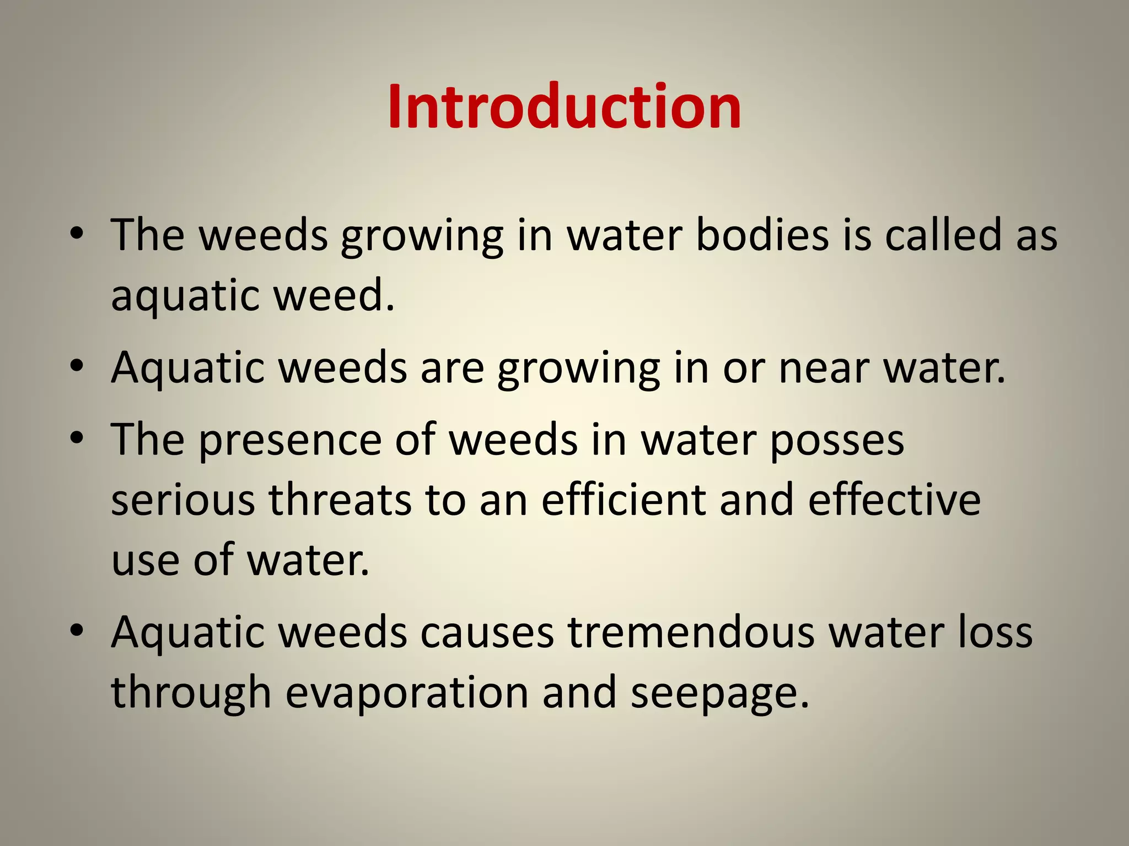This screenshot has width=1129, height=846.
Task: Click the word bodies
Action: [x=762, y=235]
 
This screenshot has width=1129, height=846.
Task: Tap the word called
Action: [x=943, y=235]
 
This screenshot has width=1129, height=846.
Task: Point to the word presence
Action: [x=290, y=441]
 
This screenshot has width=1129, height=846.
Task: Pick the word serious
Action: [x=183, y=500]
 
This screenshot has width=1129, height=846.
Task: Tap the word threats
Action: [x=340, y=500]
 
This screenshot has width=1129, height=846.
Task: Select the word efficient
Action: [x=623, y=500]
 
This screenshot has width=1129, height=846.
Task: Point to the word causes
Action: [x=487, y=633]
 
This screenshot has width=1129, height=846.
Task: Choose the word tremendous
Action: [x=691, y=633]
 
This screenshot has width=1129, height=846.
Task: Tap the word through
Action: [x=191, y=693]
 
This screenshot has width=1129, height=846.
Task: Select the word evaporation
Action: [x=407, y=693]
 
